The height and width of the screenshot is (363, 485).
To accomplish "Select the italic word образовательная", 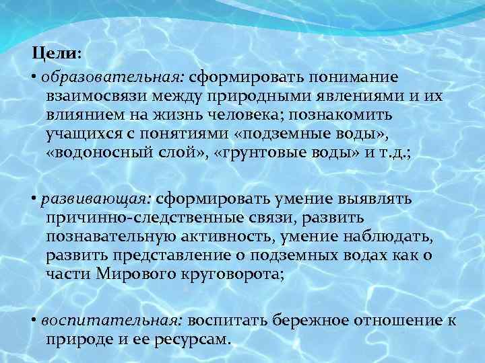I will pos(95,78).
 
